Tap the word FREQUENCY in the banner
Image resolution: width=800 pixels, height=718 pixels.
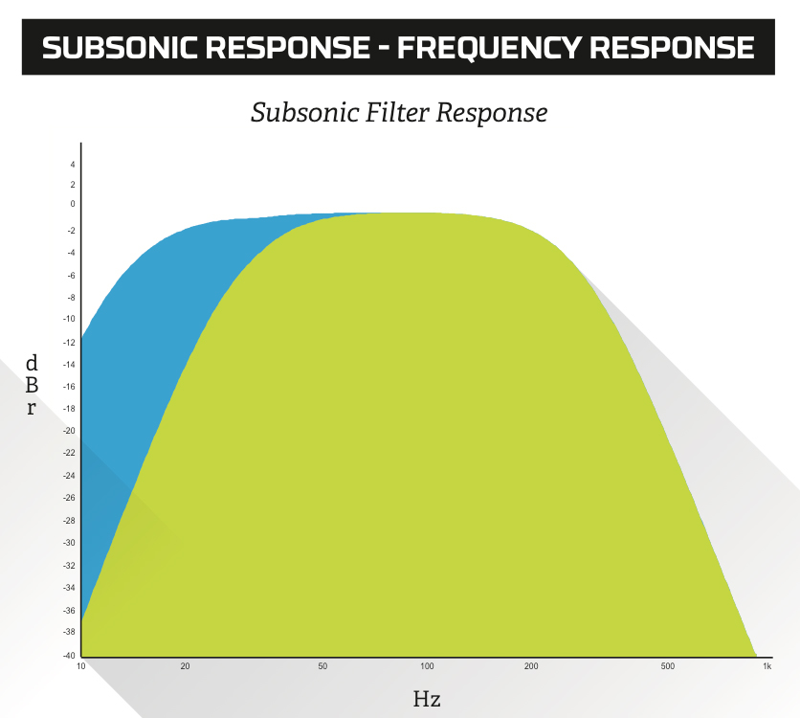click(x=489, y=48)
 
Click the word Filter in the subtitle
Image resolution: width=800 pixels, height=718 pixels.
click(x=396, y=112)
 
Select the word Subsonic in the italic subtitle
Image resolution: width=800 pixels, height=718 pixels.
click(x=304, y=112)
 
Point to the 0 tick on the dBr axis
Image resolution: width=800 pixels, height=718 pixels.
click(x=73, y=204)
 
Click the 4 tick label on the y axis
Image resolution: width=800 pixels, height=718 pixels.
click(x=73, y=165)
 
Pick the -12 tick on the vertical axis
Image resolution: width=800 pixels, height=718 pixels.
click(x=69, y=343)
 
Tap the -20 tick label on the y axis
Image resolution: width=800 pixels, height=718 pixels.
click(x=69, y=431)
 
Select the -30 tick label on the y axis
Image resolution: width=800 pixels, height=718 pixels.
click(x=69, y=543)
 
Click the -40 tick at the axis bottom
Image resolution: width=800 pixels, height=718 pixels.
click(x=69, y=656)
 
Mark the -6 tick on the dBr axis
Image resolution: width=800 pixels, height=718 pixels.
click(x=71, y=276)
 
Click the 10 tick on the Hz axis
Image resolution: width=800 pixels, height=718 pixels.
click(x=81, y=666)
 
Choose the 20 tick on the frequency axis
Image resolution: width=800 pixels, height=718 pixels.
click(x=185, y=666)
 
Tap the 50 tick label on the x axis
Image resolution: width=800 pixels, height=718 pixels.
click(x=322, y=666)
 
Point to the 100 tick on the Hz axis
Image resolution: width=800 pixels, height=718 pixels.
click(x=427, y=666)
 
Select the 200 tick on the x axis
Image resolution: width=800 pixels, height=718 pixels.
click(x=531, y=666)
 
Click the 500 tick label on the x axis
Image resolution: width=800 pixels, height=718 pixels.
click(x=667, y=666)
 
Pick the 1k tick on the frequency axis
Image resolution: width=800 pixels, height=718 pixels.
click(x=767, y=666)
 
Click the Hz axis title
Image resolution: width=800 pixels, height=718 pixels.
click(x=427, y=699)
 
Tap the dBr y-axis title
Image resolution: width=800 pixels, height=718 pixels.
click(x=32, y=385)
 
